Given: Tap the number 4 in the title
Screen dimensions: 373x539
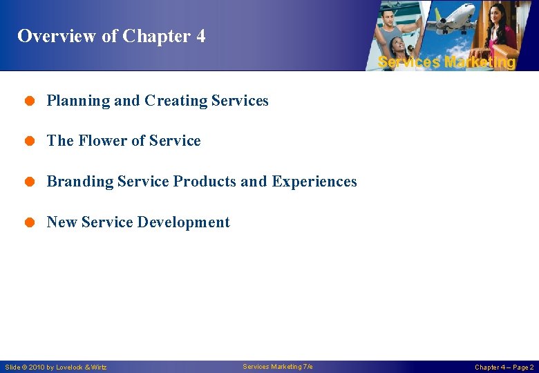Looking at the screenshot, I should [x=200, y=36].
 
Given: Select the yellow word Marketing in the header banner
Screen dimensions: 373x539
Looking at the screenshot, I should [x=480, y=62].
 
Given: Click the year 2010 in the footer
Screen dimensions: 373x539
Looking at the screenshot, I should [x=39, y=367].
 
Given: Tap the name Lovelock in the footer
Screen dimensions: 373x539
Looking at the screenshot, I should [x=70, y=367].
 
